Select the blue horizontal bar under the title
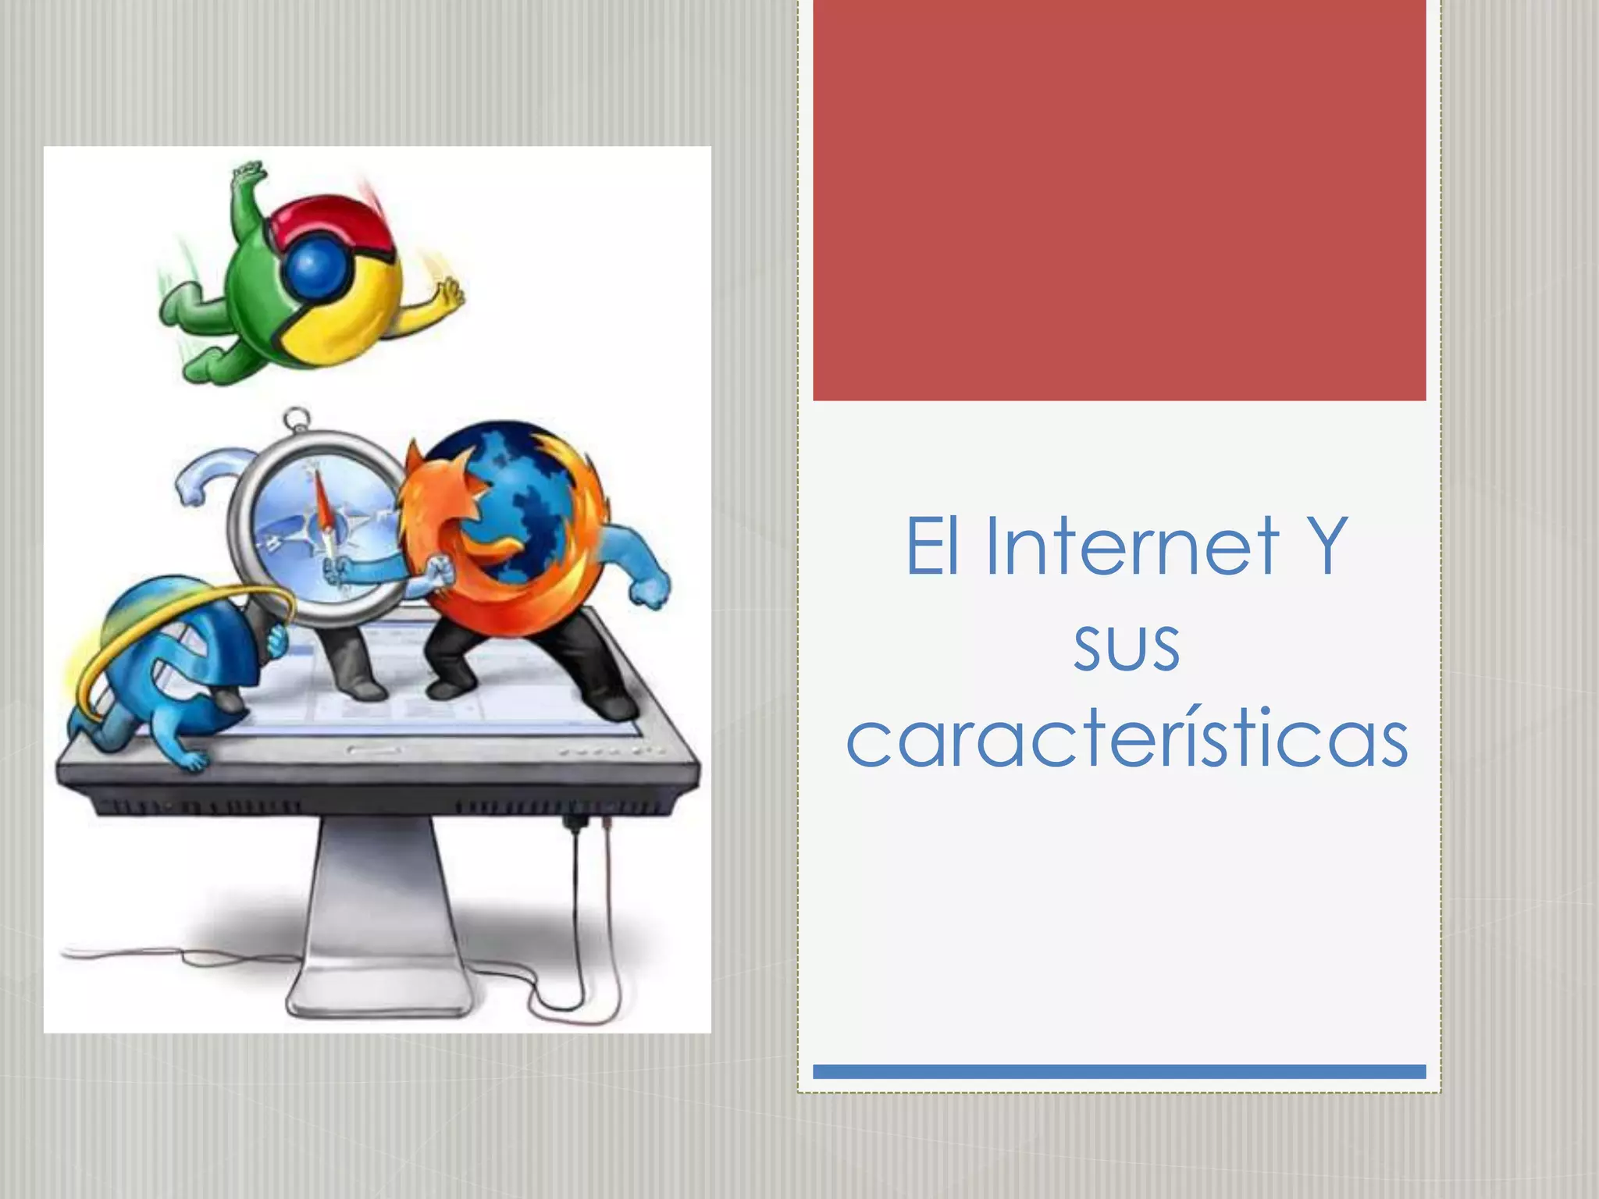(1119, 1072)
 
